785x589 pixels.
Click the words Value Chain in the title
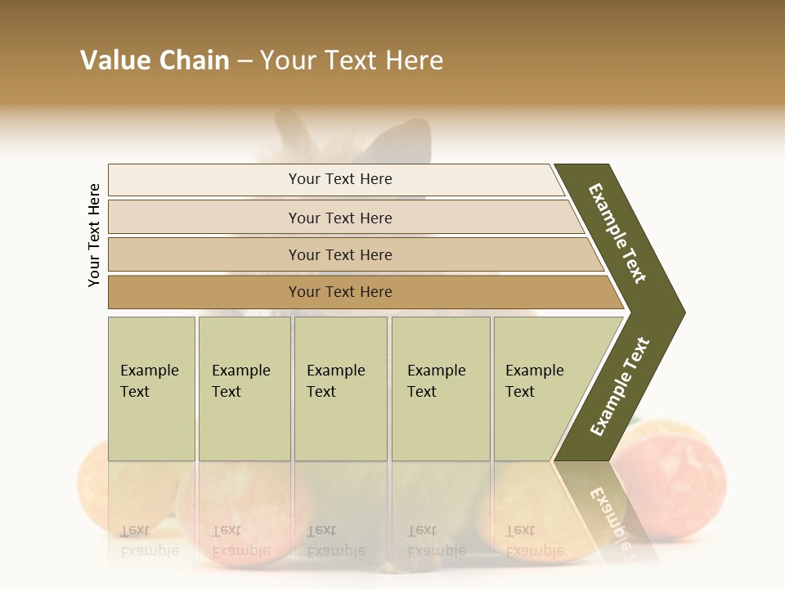click(155, 61)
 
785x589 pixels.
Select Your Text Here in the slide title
click(352, 61)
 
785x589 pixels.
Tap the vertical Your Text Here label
click(94, 235)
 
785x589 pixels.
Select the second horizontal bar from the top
click(339, 218)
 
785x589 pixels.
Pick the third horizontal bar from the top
click(339, 254)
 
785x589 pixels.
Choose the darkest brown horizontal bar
click(339, 292)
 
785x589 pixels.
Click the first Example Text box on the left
click(151, 389)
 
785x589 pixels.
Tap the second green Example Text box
click(244, 389)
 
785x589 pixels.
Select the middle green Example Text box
click(340, 389)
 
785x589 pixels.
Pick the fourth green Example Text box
click(440, 389)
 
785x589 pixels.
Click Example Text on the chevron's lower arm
click(620, 387)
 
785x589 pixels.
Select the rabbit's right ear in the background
click(405, 139)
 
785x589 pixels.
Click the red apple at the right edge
click(683, 483)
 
